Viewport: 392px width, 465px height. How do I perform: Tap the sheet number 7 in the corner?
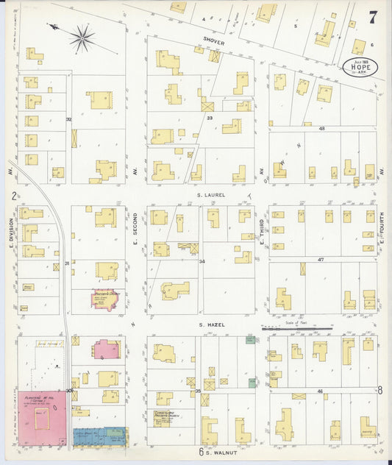click(374, 18)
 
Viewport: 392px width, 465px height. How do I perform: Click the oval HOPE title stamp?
click(360, 66)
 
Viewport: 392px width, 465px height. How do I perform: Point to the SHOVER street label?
click(214, 42)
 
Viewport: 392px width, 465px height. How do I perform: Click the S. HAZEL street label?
click(210, 324)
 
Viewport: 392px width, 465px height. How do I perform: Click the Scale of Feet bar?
click(293, 329)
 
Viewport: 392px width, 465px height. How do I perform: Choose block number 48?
click(322, 129)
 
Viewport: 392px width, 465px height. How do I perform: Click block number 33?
click(210, 118)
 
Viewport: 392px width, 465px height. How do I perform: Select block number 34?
click(202, 260)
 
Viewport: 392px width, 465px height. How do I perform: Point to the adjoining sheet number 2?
click(14, 196)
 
